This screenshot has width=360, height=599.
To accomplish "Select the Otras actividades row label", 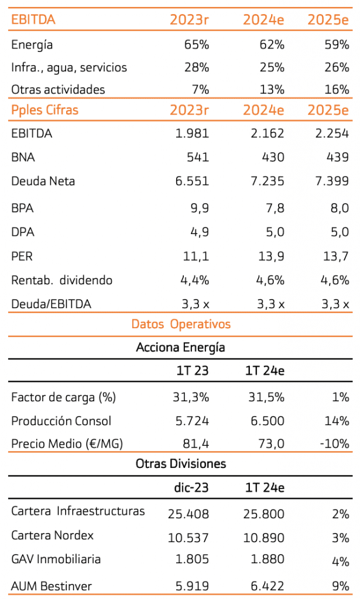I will [x=58, y=89].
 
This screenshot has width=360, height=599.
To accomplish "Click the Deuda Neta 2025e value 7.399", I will [x=331, y=182].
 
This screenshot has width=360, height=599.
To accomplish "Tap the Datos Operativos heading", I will [x=181, y=324].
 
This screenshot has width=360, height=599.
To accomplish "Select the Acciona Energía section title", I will [x=180, y=347].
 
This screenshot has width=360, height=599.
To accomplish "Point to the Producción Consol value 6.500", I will [x=265, y=421].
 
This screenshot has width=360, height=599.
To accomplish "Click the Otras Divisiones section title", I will [x=181, y=464].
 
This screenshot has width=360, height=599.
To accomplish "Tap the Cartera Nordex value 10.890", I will [x=264, y=536].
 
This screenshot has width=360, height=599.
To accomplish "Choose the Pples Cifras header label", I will [x=44, y=110].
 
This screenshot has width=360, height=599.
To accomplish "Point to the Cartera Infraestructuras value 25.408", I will [x=188, y=514].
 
